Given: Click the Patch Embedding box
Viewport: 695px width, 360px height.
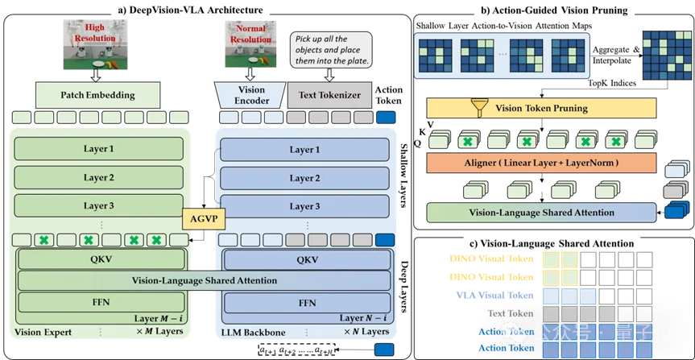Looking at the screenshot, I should point(97,95).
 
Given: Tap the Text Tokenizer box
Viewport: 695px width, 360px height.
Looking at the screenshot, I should point(330,96).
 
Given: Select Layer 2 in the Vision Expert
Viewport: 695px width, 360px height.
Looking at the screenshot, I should point(98,177).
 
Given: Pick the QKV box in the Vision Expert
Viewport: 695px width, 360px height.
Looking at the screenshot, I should point(100,259).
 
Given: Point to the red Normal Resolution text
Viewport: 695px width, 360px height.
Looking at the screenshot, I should point(250,35).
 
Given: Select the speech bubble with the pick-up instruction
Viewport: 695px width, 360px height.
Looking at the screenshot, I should point(331,53).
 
